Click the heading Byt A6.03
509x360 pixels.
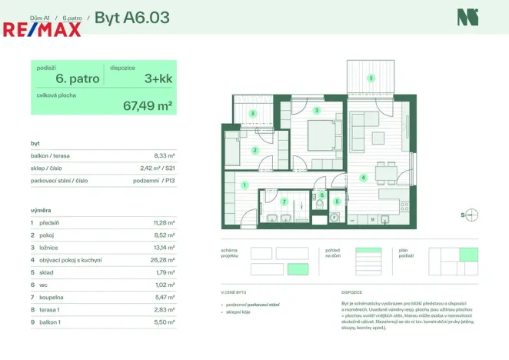click(131, 16)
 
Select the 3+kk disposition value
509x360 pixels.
click(158, 78)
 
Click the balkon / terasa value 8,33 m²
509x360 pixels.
click(165, 155)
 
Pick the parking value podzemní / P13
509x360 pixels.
click(158, 181)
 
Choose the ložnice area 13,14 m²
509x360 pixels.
click(164, 248)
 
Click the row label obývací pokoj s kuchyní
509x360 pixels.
click(72, 261)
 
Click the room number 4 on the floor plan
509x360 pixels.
click(363, 178)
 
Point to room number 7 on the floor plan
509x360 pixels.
click(284, 202)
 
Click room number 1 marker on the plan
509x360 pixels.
click(245, 185)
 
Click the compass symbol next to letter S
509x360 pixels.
click(472, 215)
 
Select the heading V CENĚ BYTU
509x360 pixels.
click(234, 293)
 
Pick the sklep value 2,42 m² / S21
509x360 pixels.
click(158, 168)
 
